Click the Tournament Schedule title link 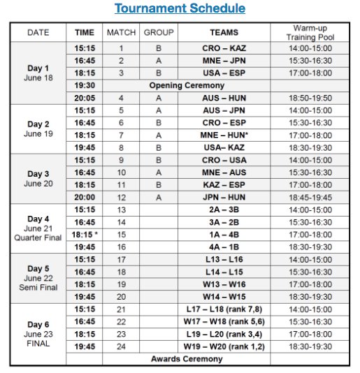180,9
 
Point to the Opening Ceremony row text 185,85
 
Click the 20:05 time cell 85,98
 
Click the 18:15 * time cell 85,233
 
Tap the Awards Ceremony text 186,358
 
